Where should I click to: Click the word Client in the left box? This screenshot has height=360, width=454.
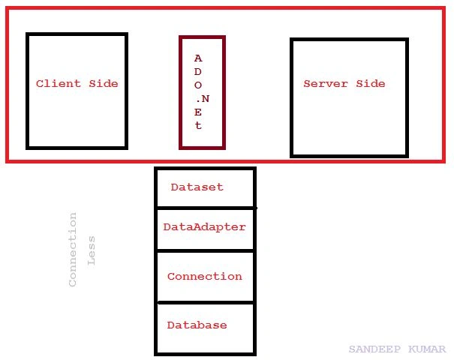[59, 84]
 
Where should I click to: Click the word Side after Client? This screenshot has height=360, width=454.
[104, 84]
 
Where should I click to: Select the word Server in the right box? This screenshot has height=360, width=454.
[326, 84]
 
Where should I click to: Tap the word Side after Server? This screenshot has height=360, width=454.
[371, 84]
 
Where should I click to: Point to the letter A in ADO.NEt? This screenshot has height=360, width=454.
[198, 58]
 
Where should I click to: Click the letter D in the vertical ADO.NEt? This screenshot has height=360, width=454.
[198, 71]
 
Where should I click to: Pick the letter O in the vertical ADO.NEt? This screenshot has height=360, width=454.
[198, 85]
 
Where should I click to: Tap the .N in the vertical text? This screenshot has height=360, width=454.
[203, 99]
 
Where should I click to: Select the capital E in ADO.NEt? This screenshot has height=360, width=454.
[198, 112]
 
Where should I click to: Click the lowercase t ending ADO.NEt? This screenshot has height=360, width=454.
[198, 125]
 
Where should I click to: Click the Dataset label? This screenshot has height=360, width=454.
[197, 187]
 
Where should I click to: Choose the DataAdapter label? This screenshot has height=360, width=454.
[204, 227]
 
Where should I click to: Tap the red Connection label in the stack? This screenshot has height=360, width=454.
[205, 276]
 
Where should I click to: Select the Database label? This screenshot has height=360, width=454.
[197, 325]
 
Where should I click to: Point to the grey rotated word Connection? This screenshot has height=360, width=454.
[73, 250]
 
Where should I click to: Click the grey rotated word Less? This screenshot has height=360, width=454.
[92, 250]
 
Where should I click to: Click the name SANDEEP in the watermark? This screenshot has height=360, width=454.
[374, 349]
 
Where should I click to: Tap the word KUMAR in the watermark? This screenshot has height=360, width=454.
[427, 349]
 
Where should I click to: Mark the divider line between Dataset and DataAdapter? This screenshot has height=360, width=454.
[206, 208]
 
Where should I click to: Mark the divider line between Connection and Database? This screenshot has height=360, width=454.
[206, 303]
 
